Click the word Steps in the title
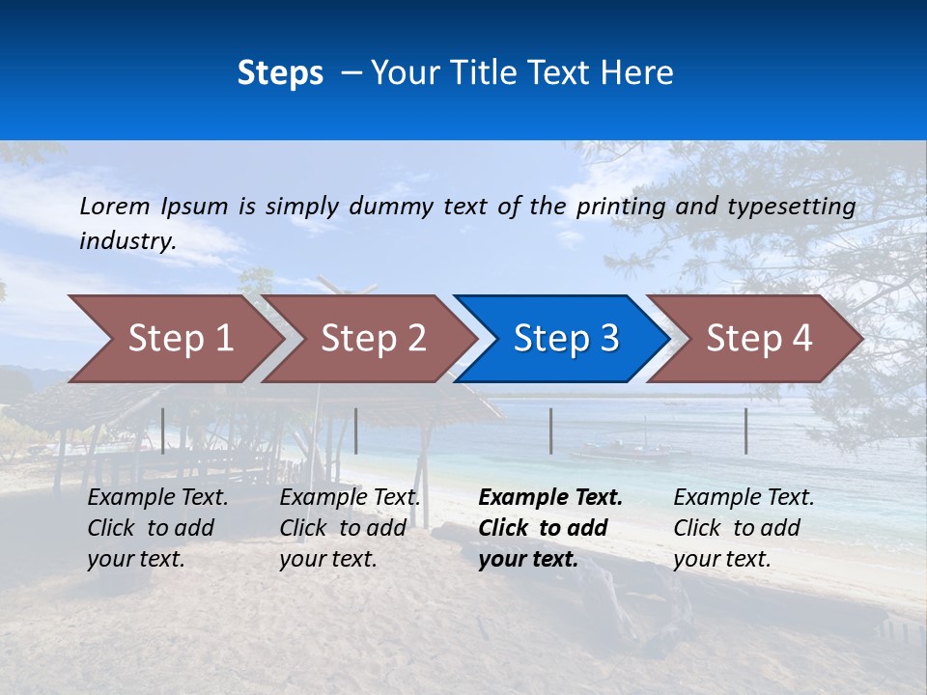click(280, 73)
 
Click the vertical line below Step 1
click(163, 431)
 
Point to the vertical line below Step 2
click(356, 431)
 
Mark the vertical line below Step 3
click(550, 431)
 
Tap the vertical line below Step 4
click(745, 431)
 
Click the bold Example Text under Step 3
click(550, 528)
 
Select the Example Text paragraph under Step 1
click(157, 528)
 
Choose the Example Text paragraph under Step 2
click(350, 528)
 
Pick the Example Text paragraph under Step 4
click(744, 528)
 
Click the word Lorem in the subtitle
click(115, 207)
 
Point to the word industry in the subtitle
click(126, 241)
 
